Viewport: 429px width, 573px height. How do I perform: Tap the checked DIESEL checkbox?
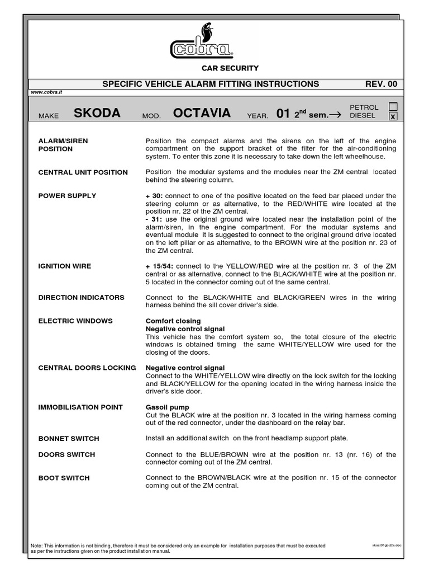(x=393, y=116)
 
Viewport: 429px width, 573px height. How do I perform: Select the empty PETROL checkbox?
(x=393, y=106)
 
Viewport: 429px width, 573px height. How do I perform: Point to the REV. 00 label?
(x=381, y=84)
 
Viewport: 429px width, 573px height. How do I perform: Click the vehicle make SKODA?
(x=97, y=114)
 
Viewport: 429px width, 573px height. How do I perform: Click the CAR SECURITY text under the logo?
(x=230, y=68)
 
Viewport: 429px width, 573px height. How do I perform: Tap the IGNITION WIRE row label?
(x=64, y=266)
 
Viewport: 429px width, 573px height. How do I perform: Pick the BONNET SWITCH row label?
(x=68, y=439)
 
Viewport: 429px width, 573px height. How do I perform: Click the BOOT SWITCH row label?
(x=64, y=478)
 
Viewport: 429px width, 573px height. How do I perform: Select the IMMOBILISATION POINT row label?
(x=80, y=407)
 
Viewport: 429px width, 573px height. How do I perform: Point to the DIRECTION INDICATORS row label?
(x=81, y=298)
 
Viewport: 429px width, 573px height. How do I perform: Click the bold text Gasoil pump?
(x=167, y=407)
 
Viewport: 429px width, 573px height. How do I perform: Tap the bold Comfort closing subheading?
(x=173, y=321)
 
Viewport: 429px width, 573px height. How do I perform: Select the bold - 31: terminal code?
(x=153, y=219)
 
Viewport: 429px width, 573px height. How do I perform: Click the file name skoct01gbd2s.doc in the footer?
(x=387, y=544)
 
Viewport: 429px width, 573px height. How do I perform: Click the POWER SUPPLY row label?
(x=67, y=196)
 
